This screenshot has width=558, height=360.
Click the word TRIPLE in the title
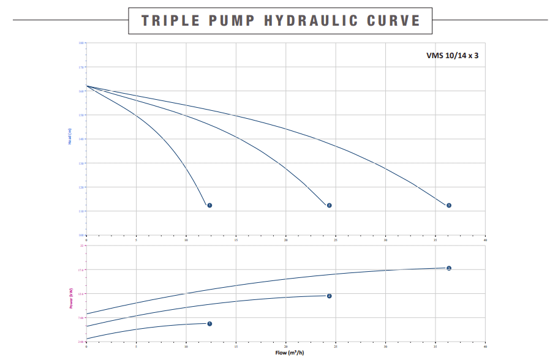[x=170, y=20]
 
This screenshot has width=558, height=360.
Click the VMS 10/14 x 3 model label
[x=452, y=55]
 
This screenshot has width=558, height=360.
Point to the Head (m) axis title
[x=70, y=139]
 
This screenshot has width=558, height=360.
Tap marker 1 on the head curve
[x=209, y=205]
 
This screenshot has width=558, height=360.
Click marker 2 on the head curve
[x=329, y=205]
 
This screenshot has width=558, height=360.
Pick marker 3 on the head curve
[x=449, y=205]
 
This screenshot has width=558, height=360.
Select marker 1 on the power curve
[x=209, y=323]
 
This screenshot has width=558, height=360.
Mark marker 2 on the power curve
[x=329, y=296]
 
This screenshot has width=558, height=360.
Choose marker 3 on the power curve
[x=449, y=268]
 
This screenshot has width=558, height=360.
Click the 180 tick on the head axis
[x=81, y=43]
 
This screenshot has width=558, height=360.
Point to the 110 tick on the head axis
[x=81, y=211]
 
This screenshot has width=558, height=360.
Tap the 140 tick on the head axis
[x=81, y=139]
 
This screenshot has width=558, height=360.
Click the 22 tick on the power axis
[x=81, y=246]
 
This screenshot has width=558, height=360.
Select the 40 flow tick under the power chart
[x=485, y=347]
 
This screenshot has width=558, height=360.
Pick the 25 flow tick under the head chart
[x=336, y=239]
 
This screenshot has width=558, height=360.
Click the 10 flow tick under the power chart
[x=186, y=347]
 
